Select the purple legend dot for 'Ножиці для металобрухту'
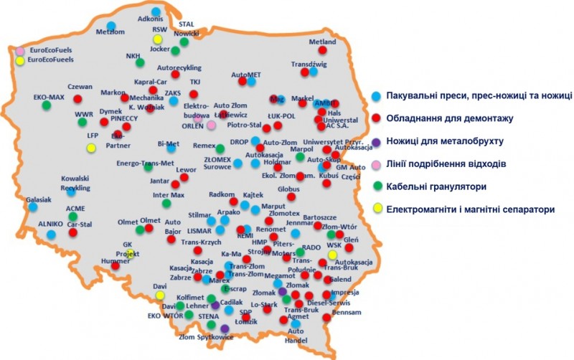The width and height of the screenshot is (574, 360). point(377,141)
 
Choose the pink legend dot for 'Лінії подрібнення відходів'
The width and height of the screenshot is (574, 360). point(377,164)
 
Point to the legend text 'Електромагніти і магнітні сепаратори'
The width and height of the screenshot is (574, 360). point(470,210)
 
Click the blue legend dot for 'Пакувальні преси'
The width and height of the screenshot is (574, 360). point(377,95)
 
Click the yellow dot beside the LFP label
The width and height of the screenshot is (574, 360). point(91,148)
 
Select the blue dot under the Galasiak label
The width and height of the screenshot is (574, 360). point(33,207)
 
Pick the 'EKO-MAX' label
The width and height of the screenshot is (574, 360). point(49,96)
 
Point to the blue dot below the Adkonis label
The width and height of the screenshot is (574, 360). point(156,12)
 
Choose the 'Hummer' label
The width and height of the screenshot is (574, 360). point(115,262)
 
